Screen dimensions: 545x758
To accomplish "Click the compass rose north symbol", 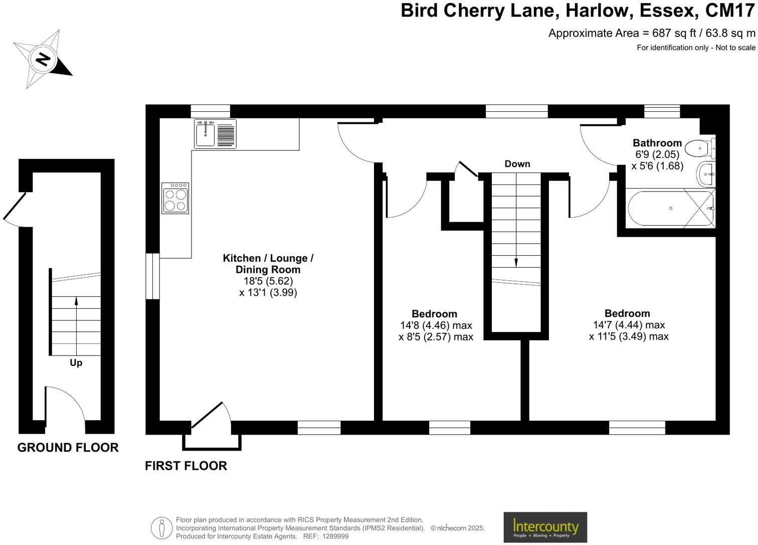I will click(43, 59).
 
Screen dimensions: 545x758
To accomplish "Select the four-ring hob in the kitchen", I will click(175, 198).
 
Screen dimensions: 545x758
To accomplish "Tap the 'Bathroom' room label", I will click(657, 143).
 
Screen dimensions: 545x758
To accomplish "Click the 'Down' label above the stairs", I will click(517, 164).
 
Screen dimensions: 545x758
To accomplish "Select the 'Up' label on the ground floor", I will click(76, 362).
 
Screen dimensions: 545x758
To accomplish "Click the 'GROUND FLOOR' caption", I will click(68, 447).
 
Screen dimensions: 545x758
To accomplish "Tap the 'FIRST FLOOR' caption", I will click(186, 466).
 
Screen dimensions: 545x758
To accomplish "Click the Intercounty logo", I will click(545, 527).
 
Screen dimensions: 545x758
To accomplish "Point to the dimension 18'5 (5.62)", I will click(268, 281).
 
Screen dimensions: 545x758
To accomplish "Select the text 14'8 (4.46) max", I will click(436, 325).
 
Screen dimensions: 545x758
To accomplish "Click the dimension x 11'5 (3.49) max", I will click(629, 336).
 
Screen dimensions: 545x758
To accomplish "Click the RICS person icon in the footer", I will click(161, 528).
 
